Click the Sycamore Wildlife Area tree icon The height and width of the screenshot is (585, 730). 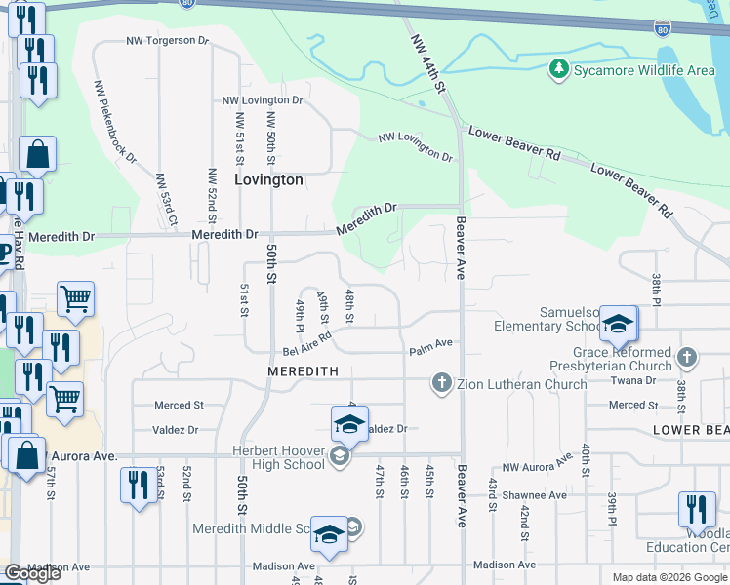click(558, 69)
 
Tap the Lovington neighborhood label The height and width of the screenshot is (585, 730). click(268, 180)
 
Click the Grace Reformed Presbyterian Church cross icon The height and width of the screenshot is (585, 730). click(687, 357)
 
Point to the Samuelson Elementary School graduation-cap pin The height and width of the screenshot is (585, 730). click(617, 325)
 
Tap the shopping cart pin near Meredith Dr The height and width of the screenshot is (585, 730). click(75, 300)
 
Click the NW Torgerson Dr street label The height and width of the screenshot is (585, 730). click(168, 42)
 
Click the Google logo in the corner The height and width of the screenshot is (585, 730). click(32, 573)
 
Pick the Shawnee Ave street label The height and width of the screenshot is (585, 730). click(534, 495)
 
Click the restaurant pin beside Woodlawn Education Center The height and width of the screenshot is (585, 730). click(696, 509)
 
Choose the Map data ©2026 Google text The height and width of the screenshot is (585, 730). click(669, 577)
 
